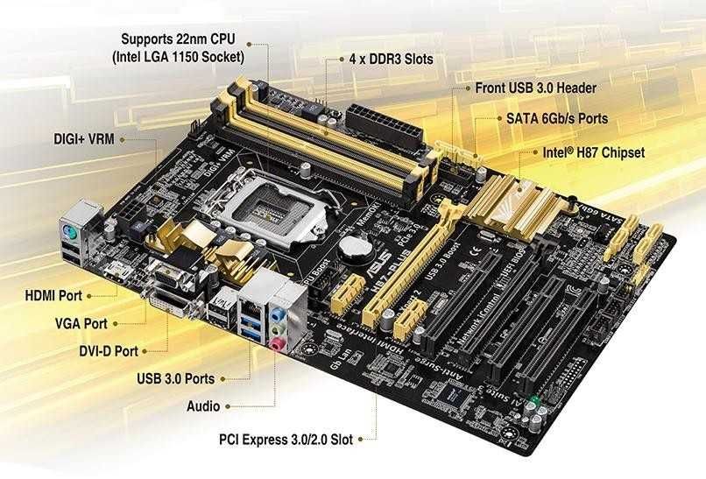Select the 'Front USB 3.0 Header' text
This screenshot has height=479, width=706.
coord(535,88)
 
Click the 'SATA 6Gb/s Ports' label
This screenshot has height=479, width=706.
coord(556,117)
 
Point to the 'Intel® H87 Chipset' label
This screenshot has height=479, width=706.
coord(594,152)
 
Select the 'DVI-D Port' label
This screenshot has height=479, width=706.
coord(108,351)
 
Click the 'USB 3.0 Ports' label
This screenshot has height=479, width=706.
coord(175,379)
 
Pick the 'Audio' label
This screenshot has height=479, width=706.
coord(203,406)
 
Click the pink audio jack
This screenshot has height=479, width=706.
coord(277,344)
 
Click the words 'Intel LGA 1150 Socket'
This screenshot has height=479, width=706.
coord(178,57)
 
